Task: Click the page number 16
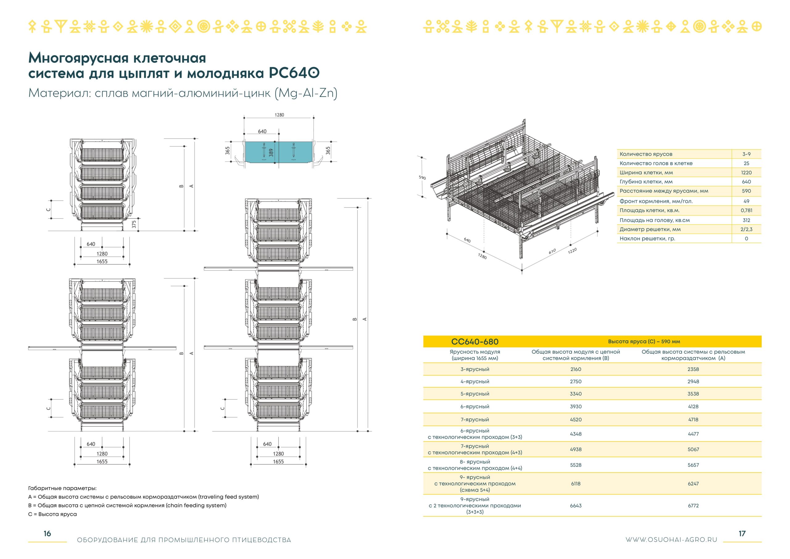pyautogui.click(x=47, y=533)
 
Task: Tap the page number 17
pyautogui.click(x=742, y=533)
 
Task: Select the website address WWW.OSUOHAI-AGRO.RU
pyautogui.click(x=671, y=540)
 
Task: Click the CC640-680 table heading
pyautogui.click(x=475, y=342)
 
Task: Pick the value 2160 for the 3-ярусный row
pyautogui.click(x=576, y=369)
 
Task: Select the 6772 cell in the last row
pyautogui.click(x=693, y=506)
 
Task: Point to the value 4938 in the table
pyautogui.click(x=576, y=449)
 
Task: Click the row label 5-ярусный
pyautogui.click(x=475, y=394)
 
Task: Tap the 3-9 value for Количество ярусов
pyautogui.click(x=746, y=154)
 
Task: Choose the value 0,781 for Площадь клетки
pyautogui.click(x=746, y=210)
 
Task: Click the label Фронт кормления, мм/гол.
pyautogui.click(x=656, y=201)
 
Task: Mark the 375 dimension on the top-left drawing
pyautogui.click(x=134, y=224)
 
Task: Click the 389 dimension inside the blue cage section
pyautogui.click(x=271, y=153)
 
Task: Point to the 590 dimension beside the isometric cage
pyautogui.click(x=422, y=178)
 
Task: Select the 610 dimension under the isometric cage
pyautogui.click(x=552, y=252)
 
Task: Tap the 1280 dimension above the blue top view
pyautogui.click(x=279, y=115)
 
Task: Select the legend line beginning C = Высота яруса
pyautogui.click(x=53, y=514)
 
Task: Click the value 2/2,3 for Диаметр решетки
pyautogui.click(x=746, y=229)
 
